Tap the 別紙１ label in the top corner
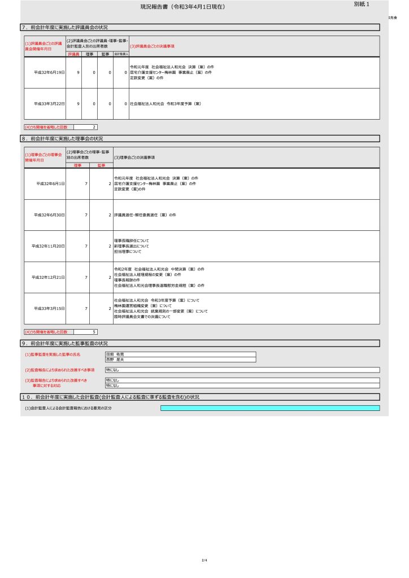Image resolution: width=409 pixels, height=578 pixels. (362, 5)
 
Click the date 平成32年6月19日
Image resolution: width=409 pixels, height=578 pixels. (50, 73)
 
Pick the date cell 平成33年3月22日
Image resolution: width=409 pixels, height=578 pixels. (50, 104)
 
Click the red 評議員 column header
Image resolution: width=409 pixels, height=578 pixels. (73, 54)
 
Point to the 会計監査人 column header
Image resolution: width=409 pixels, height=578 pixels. (121, 54)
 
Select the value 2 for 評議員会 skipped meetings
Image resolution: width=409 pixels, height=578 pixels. (94, 127)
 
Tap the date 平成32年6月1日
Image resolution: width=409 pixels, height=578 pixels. (50, 184)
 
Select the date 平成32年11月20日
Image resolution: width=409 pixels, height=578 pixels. (49, 246)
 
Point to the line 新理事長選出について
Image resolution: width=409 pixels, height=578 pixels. (132, 246)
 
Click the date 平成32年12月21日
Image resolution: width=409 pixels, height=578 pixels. (49, 277)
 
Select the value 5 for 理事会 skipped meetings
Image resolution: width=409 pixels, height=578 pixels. (94, 332)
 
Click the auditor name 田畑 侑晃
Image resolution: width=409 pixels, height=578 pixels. (115, 354)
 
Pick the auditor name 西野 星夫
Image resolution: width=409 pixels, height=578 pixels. (115, 359)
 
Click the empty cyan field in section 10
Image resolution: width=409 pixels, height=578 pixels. (270, 408)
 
